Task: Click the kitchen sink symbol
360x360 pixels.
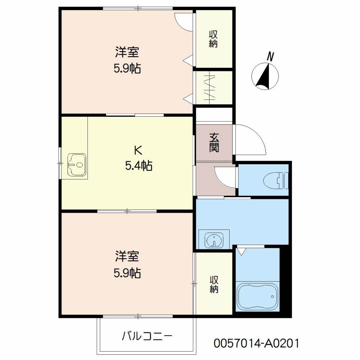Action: [x=77, y=165]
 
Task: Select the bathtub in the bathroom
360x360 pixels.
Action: [x=257, y=296]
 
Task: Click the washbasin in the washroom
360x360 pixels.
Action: [x=214, y=240]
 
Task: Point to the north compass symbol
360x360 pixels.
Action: [x=265, y=76]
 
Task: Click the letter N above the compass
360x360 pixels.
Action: [x=270, y=57]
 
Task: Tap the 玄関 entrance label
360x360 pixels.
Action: [x=214, y=143]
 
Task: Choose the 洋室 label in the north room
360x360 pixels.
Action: [x=127, y=52]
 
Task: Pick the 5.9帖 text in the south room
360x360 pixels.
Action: [x=127, y=273]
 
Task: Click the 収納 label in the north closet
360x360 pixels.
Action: [x=213, y=39]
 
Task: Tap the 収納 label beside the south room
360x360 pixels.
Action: [x=214, y=284]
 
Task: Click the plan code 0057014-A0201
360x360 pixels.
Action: [x=256, y=343]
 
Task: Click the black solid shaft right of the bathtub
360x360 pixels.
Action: [x=285, y=281]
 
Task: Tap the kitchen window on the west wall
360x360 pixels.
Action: [x=60, y=163]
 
